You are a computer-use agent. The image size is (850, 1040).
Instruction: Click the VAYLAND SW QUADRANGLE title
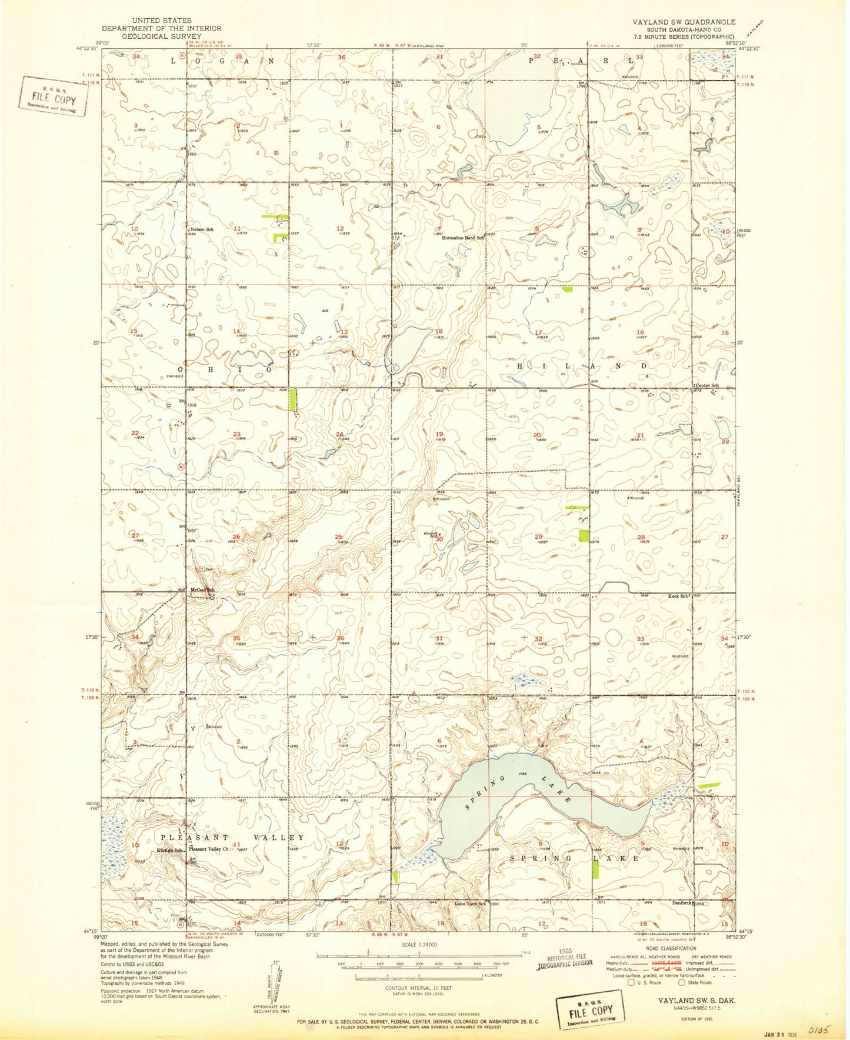(684, 22)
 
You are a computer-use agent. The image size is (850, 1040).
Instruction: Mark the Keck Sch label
(678, 596)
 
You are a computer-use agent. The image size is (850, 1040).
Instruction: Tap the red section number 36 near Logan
(342, 57)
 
